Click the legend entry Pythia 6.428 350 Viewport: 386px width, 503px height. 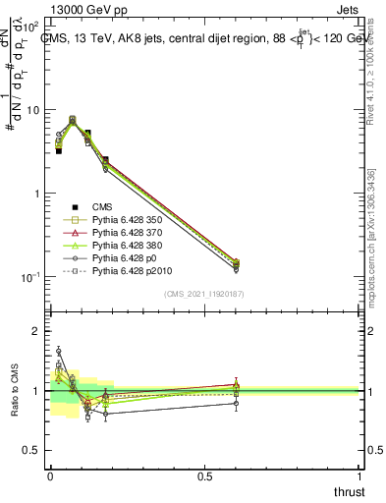tap(127, 222)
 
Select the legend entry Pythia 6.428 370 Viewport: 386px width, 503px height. tap(127, 238)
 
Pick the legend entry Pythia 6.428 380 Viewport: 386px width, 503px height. tap(127, 253)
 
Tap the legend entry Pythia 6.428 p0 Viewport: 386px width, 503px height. tap(124, 269)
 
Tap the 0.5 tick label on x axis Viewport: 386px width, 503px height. tap(204, 475)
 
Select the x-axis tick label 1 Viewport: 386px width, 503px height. tap(359, 475)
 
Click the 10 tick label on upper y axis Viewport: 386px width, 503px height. tap(34, 110)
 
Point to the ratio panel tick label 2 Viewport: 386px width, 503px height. tap(37, 331)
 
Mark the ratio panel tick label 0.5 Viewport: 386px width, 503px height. tap(31, 450)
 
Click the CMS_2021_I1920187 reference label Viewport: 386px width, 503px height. tap(204, 294)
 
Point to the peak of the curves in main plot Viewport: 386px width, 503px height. tap(73, 119)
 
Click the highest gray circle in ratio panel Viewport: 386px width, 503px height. tap(58, 350)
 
